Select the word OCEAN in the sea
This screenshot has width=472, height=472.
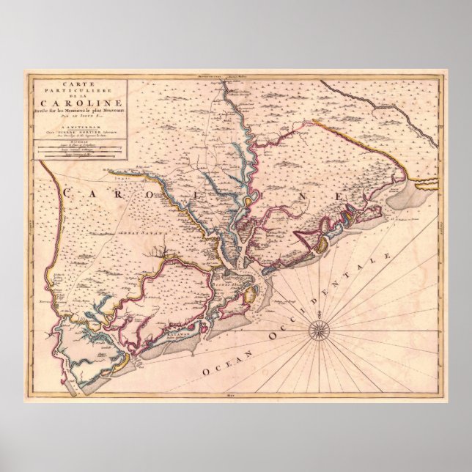click(222, 366)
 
